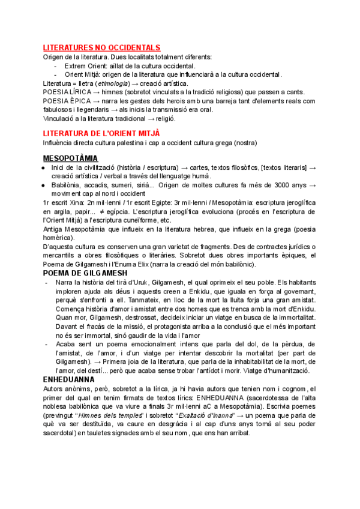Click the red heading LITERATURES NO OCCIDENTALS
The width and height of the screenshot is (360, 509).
pos(101,47)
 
